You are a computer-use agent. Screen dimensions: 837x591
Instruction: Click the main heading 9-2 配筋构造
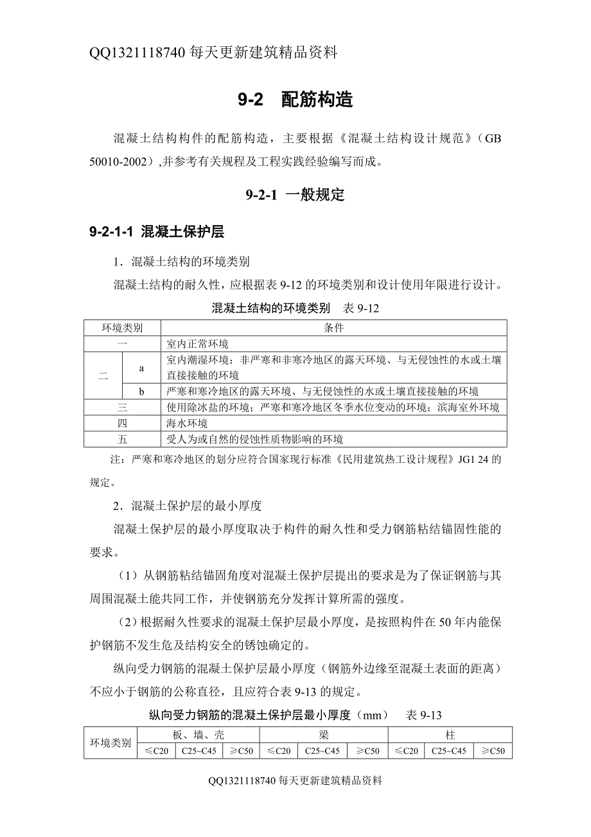[295, 100]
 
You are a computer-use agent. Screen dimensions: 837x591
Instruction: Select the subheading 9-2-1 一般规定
[295, 195]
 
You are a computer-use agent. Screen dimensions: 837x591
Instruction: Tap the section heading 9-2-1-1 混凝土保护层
[157, 232]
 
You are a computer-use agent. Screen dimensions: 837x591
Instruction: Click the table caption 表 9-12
[362, 308]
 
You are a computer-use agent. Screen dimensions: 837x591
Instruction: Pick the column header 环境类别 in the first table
[122, 328]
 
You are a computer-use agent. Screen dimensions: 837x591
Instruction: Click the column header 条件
[333, 328]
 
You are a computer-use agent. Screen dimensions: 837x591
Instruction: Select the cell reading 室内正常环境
[197, 344]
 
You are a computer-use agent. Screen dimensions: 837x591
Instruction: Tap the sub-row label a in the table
[141, 368]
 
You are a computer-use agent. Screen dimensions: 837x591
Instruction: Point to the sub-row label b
[141, 391]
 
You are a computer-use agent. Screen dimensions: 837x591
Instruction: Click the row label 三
[122, 408]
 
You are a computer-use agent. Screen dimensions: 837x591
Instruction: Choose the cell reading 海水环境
[187, 424]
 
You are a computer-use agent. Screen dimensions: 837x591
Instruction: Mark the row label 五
[122, 440]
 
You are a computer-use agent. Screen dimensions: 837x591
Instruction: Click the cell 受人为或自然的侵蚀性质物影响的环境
[255, 440]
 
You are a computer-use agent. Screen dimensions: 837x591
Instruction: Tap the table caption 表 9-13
[424, 714]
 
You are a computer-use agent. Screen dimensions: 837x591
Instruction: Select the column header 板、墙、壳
[198, 735]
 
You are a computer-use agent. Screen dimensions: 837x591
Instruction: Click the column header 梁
[324, 735]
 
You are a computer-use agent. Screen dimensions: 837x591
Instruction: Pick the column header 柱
[450, 735]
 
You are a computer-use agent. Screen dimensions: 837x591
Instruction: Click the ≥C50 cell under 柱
[493, 751]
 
